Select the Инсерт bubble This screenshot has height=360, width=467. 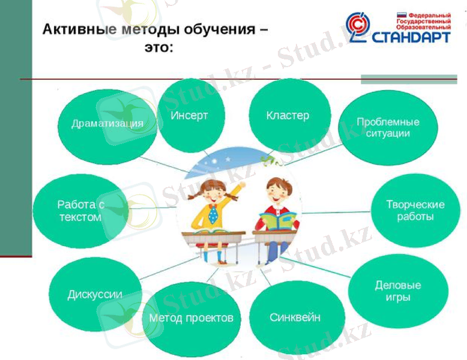tap(190, 115)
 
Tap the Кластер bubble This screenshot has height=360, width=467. tap(288, 115)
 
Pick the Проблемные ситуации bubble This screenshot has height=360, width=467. tap(387, 128)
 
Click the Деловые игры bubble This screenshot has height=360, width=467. tap(397, 291)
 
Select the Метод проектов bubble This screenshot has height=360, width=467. tap(191, 318)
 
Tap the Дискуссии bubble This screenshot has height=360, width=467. tap(95, 295)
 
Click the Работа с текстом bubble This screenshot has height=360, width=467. tap(80, 211)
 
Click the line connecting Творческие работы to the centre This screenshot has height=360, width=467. tap(336, 212)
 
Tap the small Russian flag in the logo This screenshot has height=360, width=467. tap(402, 14)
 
